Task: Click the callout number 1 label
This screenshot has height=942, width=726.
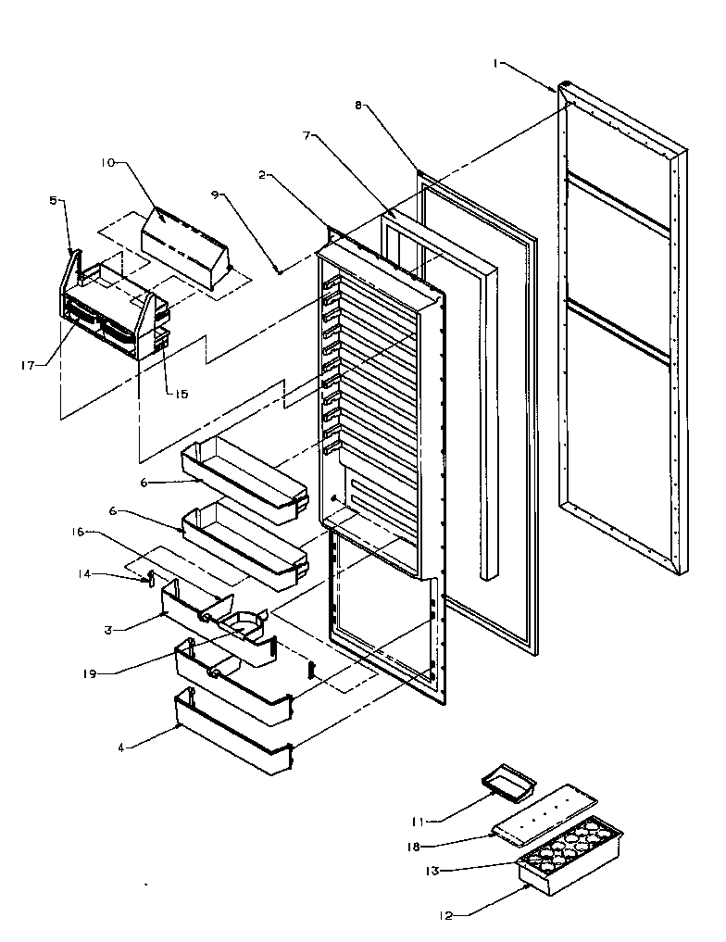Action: pyautogui.click(x=497, y=63)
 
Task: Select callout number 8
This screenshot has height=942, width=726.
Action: pyautogui.click(x=358, y=106)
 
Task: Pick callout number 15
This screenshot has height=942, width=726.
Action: pyautogui.click(x=181, y=394)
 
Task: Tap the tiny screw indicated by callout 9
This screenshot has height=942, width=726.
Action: pyautogui.click(x=279, y=270)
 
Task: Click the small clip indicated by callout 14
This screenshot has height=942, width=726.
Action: pyautogui.click(x=148, y=581)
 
